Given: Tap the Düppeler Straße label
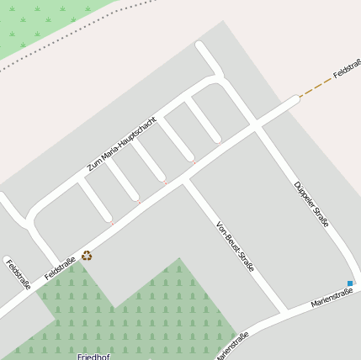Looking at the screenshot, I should pos(311,204).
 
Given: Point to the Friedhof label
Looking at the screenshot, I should pos(93,356).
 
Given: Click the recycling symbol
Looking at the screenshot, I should pos(87,256).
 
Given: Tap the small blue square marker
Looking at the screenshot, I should pos(350,283).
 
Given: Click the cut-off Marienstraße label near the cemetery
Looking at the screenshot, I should pos(231,346).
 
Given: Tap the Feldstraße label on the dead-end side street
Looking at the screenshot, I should pos(19,274).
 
